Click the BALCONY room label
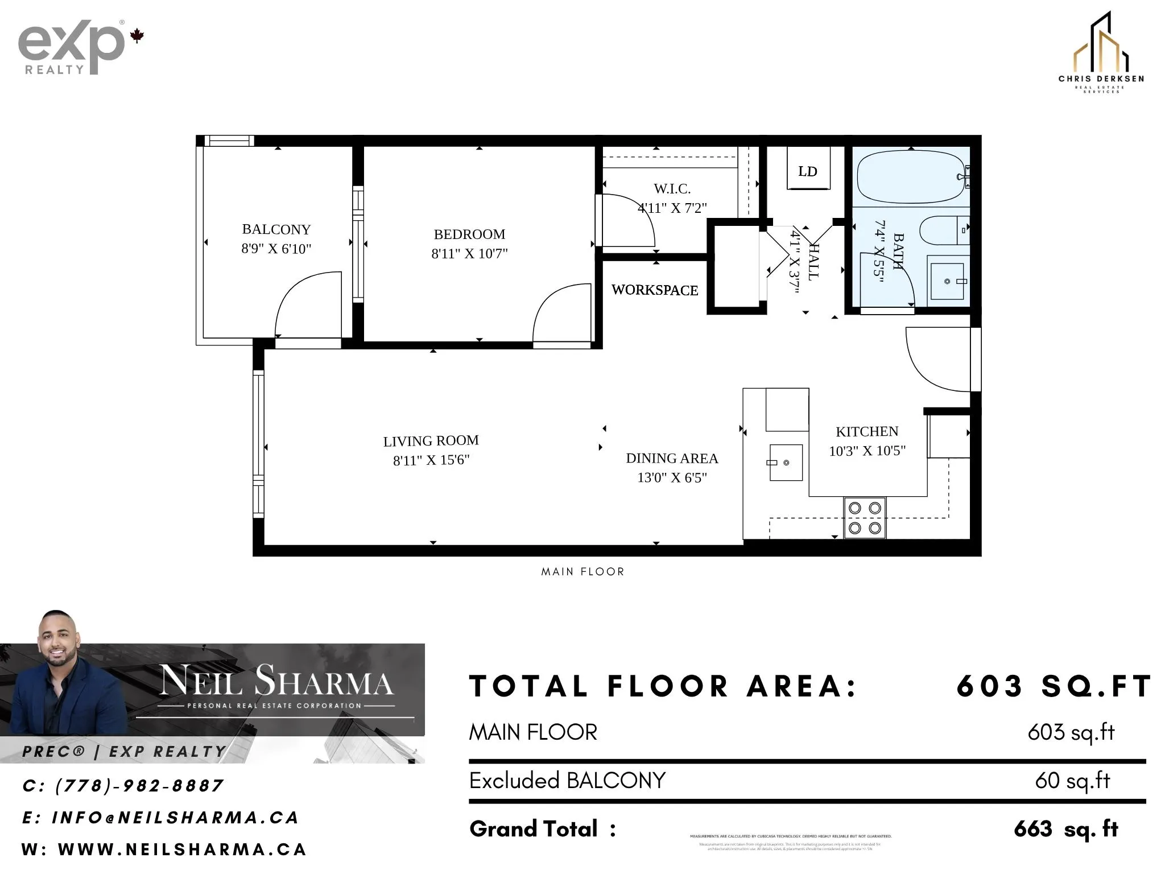(x=276, y=229)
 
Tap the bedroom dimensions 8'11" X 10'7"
(x=469, y=254)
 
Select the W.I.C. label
(x=672, y=188)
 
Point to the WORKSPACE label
(x=654, y=290)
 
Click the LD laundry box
(x=808, y=171)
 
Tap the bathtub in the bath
(x=910, y=176)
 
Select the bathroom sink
(x=948, y=281)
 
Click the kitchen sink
(x=786, y=462)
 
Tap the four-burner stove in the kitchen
(x=864, y=518)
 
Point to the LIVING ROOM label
(x=431, y=441)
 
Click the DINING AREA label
(x=672, y=459)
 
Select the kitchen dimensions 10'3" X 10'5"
(x=867, y=451)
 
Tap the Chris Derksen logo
(x=1101, y=54)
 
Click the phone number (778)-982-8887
(x=139, y=786)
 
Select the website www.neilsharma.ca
(x=182, y=850)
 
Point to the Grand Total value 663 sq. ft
(x=1065, y=829)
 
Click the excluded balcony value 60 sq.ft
(x=1072, y=781)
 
